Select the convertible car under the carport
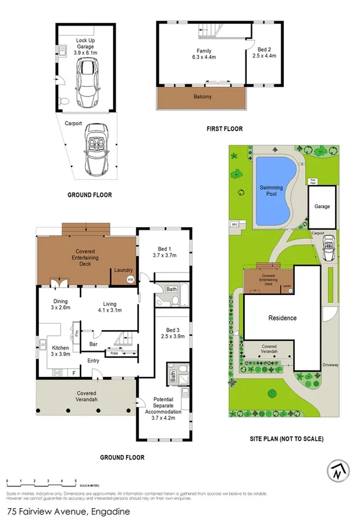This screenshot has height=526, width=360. (x=96, y=150)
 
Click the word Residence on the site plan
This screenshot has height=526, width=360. (x=282, y=317)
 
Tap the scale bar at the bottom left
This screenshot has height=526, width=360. (x=41, y=481)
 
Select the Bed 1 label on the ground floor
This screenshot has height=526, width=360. (x=164, y=252)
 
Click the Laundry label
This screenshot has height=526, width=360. (x=123, y=271)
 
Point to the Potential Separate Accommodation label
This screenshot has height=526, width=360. (x=164, y=406)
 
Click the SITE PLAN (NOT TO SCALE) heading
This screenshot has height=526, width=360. (x=286, y=439)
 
